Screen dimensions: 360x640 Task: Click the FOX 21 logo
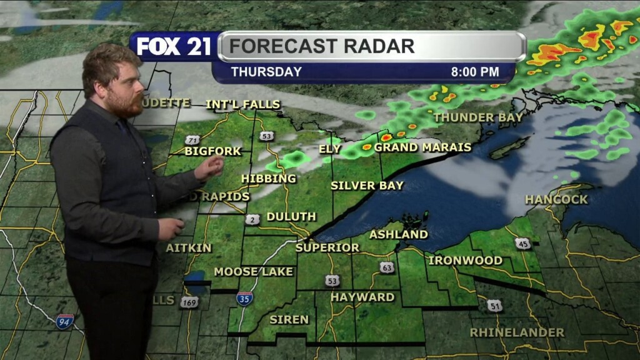174,47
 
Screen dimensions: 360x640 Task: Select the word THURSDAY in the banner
266,72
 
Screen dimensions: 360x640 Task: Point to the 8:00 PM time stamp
475,72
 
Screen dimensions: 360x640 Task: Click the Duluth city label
291,217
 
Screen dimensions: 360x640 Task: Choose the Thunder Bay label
478,117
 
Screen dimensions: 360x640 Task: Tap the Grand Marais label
422,147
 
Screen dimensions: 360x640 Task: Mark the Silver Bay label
367,186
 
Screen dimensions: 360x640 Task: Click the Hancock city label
556,199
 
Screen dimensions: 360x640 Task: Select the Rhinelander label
517,332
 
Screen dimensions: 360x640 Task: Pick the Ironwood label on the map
465,260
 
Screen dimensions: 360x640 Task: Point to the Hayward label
362,297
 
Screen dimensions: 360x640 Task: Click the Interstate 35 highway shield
244,298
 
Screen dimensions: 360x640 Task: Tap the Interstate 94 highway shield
64,322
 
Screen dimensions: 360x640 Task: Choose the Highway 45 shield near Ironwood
523,243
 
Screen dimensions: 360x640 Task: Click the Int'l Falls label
243,104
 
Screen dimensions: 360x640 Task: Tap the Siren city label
289,319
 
